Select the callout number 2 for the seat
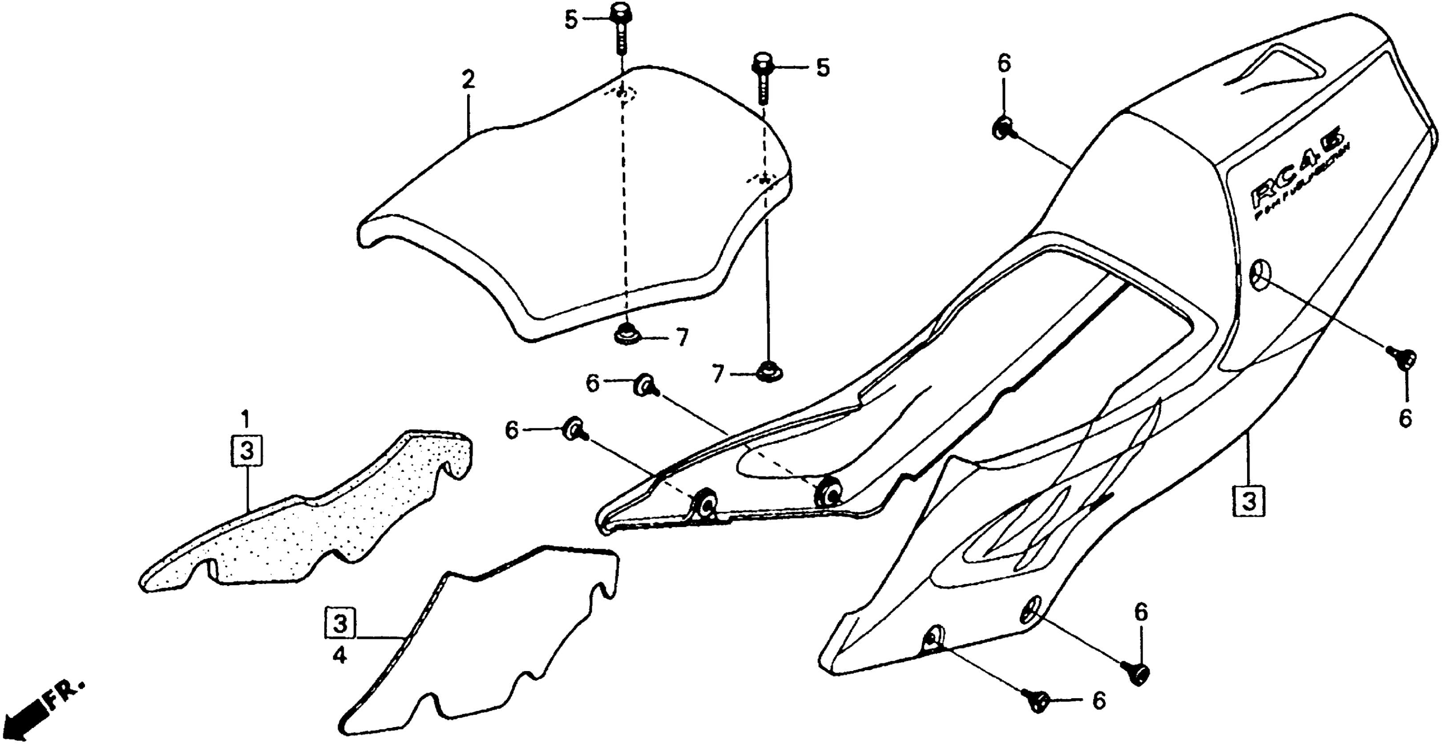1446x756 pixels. point(468,80)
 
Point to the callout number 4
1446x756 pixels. point(339,655)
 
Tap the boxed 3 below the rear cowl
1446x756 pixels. point(1249,501)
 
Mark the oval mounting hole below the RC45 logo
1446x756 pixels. point(1256,273)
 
